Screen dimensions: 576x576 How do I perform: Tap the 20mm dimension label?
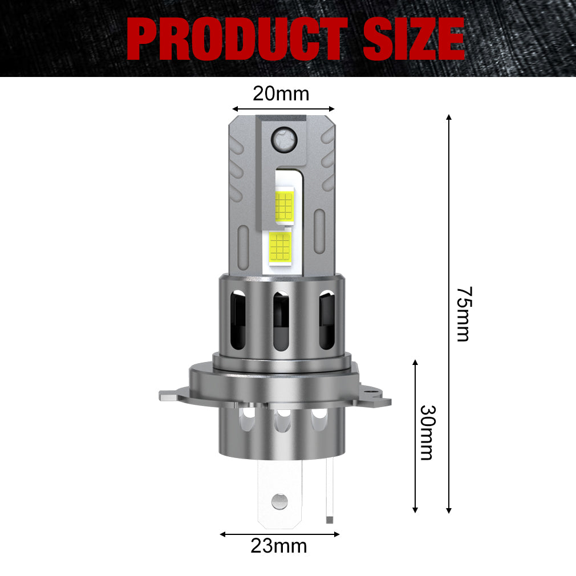[x=281, y=93]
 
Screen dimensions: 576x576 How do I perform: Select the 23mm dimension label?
[x=278, y=546]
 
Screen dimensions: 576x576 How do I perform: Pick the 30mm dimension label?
[x=427, y=432]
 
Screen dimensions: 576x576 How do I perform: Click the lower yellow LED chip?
[x=279, y=247]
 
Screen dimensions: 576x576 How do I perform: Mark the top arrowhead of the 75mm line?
[x=449, y=117]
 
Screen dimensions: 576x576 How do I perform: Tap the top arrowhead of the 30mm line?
[x=415, y=363]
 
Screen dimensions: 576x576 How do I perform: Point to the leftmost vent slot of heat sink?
[x=238, y=321]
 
